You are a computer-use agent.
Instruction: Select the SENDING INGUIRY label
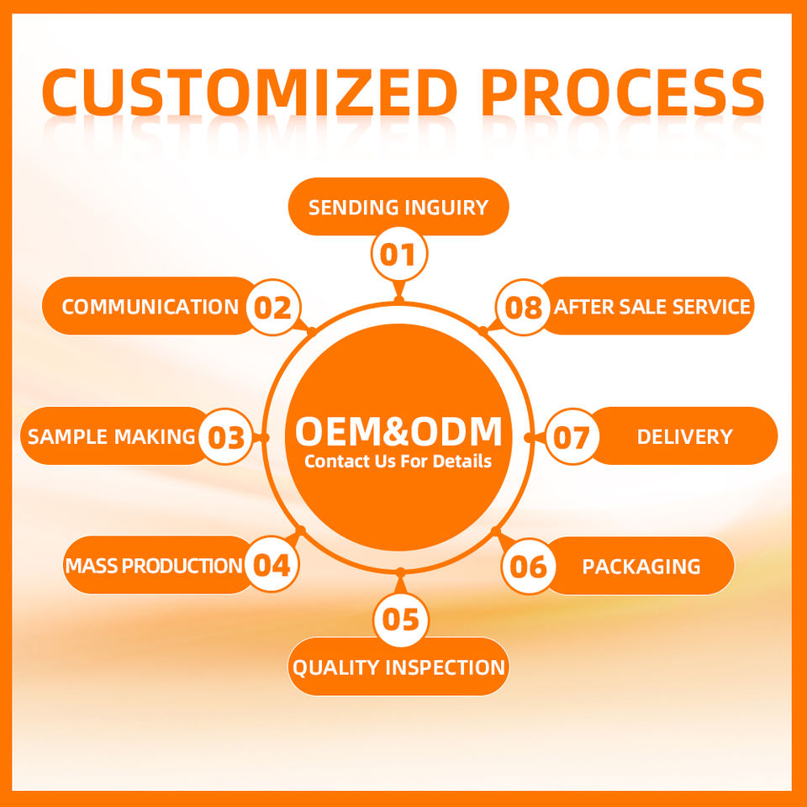pyautogui.click(x=398, y=207)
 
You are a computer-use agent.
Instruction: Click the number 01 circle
pyautogui.click(x=399, y=254)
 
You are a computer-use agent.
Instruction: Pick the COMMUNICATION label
pyautogui.click(x=150, y=307)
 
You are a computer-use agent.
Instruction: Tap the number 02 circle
pyautogui.click(x=272, y=308)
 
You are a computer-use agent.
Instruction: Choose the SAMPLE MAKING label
pyautogui.click(x=112, y=436)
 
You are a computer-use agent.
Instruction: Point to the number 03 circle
pyautogui.click(x=225, y=437)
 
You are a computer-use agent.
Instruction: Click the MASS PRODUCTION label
pyautogui.click(x=154, y=566)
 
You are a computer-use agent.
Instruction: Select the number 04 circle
pyautogui.click(x=272, y=565)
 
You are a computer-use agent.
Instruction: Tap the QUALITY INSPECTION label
pyautogui.click(x=398, y=667)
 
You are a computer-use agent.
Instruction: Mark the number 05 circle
pyautogui.click(x=400, y=620)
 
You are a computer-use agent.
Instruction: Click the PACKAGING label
pyautogui.click(x=641, y=566)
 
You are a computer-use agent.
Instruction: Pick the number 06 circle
pyautogui.click(x=529, y=566)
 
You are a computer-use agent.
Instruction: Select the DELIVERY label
pyautogui.click(x=684, y=436)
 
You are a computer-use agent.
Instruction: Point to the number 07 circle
pyautogui.click(x=572, y=437)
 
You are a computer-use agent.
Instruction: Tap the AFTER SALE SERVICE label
pyautogui.click(x=651, y=307)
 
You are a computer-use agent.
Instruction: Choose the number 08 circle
pyautogui.click(x=524, y=308)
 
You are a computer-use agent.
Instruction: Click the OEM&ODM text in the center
pyautogui.click(x=398, y=431)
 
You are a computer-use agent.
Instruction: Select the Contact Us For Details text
pyautogui.click(x=398, y=462)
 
